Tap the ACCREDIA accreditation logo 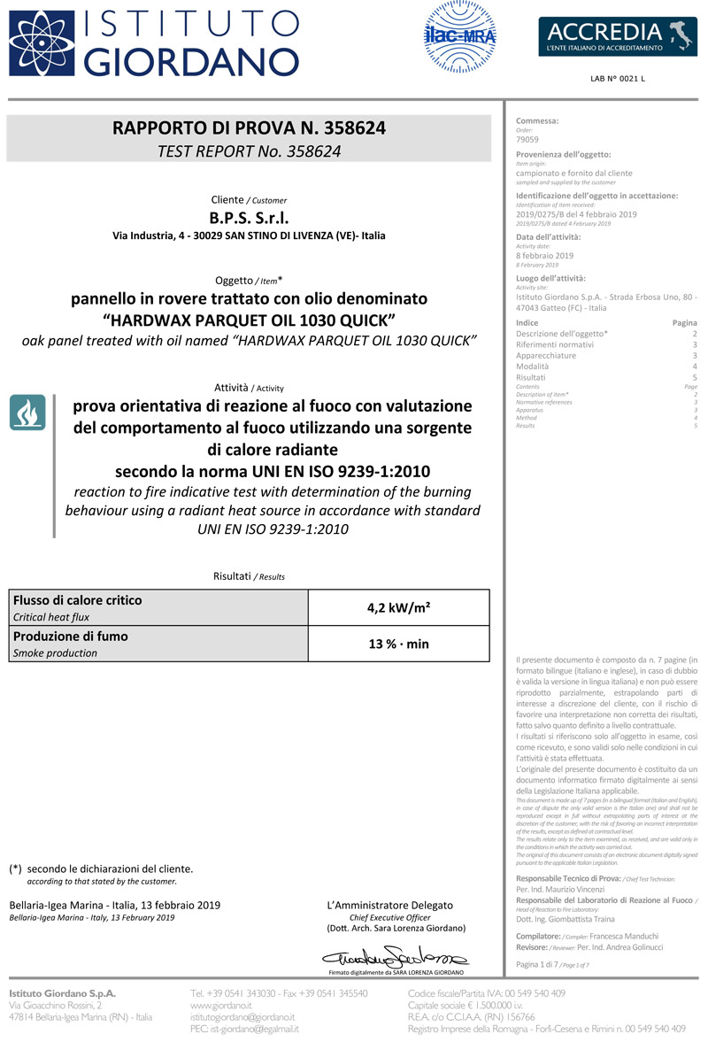[x=612, y=36]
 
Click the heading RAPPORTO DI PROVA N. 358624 [x=249, y=127]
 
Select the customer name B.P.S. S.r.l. [x=249, y=218]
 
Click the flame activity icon [x=27, y=413]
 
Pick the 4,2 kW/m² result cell [x=398, y=607]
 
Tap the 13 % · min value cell [x=398, y=644]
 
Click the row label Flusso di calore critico [x=78, y=600]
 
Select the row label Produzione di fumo [x=71, y=637]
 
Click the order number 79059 [x=527, y=140]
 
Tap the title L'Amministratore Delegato [x=390, y=905]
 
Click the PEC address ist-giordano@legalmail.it [x=245, y=1029]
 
